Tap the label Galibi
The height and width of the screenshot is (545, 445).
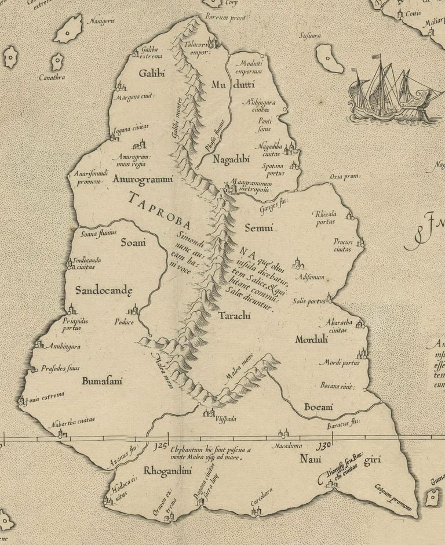(152, 73)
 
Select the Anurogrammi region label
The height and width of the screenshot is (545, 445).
(143, 179)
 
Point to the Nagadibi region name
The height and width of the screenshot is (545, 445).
(231, 160)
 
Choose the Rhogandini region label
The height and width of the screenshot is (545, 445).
(167, 471)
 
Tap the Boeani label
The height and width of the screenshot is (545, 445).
(319, 408)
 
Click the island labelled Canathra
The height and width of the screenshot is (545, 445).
(57, 61)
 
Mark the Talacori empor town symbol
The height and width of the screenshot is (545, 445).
(212, 43)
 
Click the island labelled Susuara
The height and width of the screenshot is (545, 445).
(329, 58)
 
